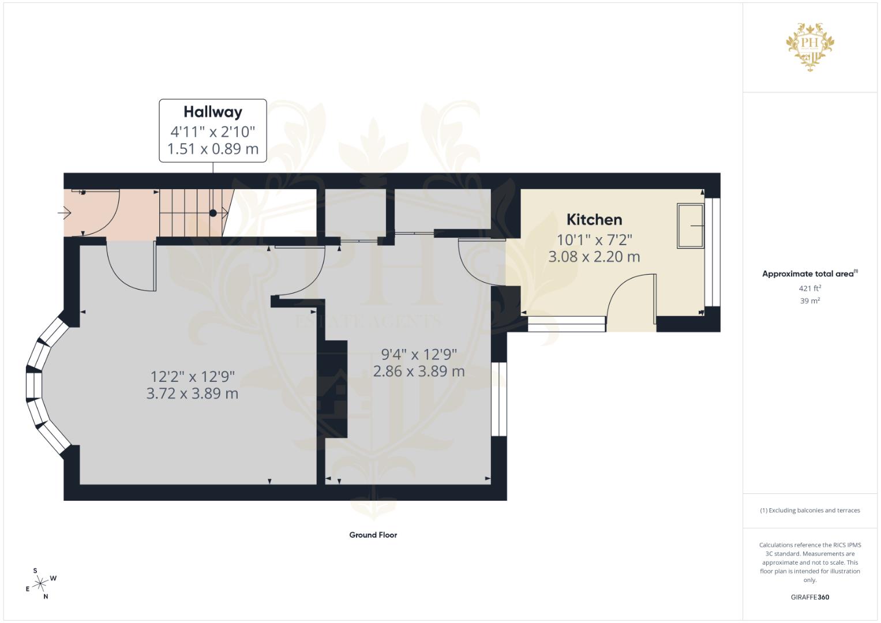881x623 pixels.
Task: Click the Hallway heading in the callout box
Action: tap(213, 112)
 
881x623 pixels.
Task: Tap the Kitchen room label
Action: tap(594, 220)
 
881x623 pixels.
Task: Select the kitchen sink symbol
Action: tap(690, 226)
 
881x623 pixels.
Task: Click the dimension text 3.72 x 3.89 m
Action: tap(192, 393)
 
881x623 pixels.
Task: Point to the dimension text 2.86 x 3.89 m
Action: tap(418, 371)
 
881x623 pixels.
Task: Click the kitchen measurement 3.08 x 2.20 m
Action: tap(594, 257)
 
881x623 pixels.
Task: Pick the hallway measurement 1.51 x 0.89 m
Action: tap(213, 149)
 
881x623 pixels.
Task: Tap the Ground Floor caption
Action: tap(373, 535)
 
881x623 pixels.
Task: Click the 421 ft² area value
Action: tap(810, 288)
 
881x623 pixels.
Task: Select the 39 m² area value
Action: tap(810, 301)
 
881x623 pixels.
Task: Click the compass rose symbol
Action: tap(40, 584)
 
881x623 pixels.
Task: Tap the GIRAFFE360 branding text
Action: tap(810, 597)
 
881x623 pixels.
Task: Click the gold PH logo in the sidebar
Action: tap(810, 47)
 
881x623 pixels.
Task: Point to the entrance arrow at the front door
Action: tap(64, 213)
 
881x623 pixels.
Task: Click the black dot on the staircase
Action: tap(213, 213)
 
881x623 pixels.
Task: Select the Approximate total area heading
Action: tap(810, 274)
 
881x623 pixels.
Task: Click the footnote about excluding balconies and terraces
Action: tap(810, 510)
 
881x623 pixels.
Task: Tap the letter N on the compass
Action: tap(46, 596)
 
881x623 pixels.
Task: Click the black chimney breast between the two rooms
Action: tap(332, 389)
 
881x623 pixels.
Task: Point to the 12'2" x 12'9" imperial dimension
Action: tap(192, 376)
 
